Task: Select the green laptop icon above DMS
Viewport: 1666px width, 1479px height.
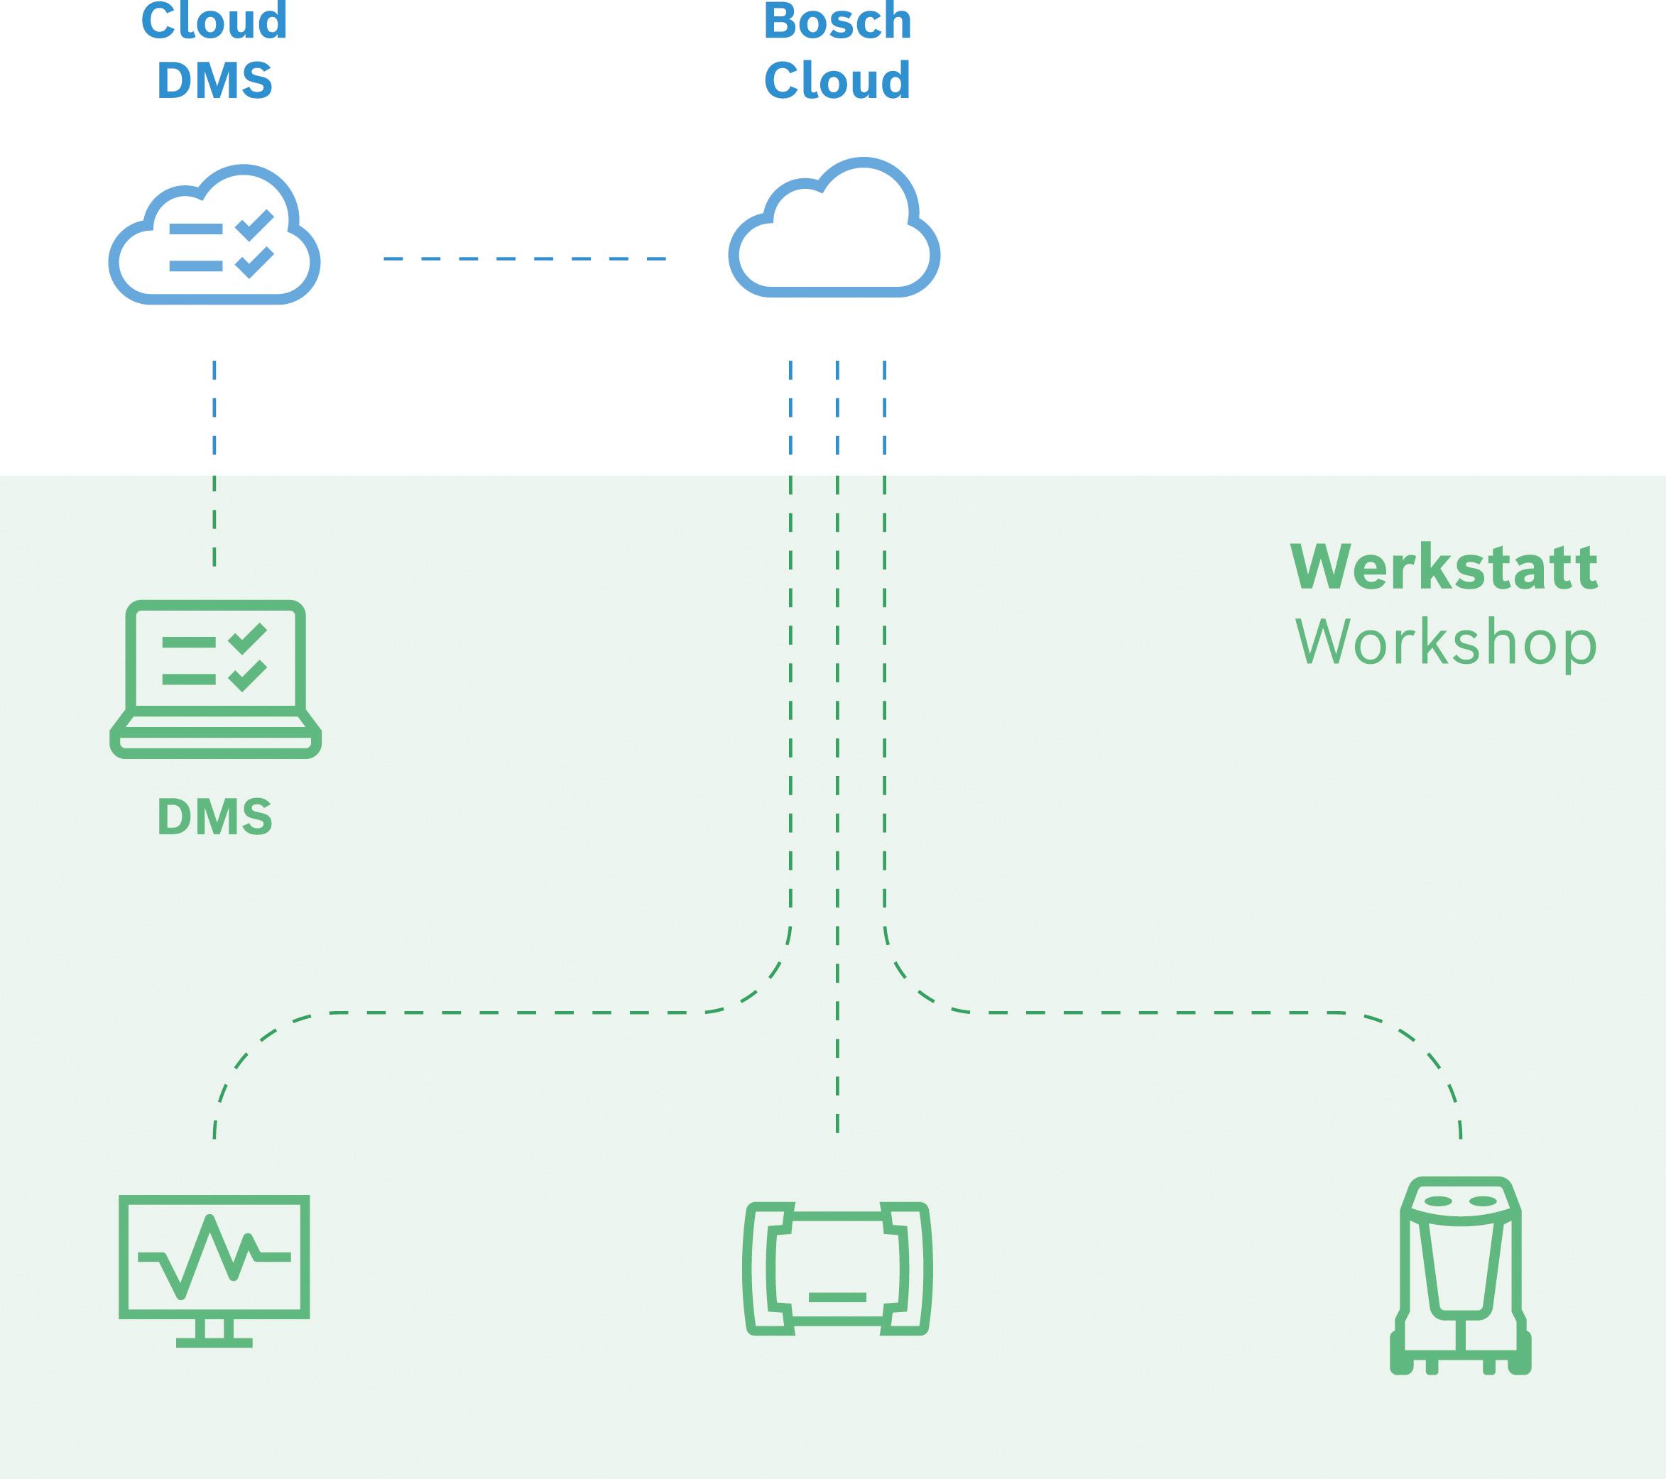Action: pos(215,678)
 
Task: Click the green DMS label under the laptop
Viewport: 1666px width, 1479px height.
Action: pos(214,817)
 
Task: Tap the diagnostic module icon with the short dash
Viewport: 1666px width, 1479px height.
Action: pos(837,1268)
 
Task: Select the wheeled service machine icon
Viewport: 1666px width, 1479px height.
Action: pos(1461,1275)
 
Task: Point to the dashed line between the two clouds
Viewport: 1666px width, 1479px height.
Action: pos(525,258)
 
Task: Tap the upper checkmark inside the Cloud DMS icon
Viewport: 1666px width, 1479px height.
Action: pos(255,225)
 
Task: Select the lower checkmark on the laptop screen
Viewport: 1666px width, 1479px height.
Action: pos(248,675)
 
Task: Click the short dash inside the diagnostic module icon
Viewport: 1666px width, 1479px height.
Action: pos(837,1297)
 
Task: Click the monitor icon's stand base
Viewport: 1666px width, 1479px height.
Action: pos(214,1342)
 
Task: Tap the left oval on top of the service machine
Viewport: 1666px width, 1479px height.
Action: pos(1438,1201)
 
